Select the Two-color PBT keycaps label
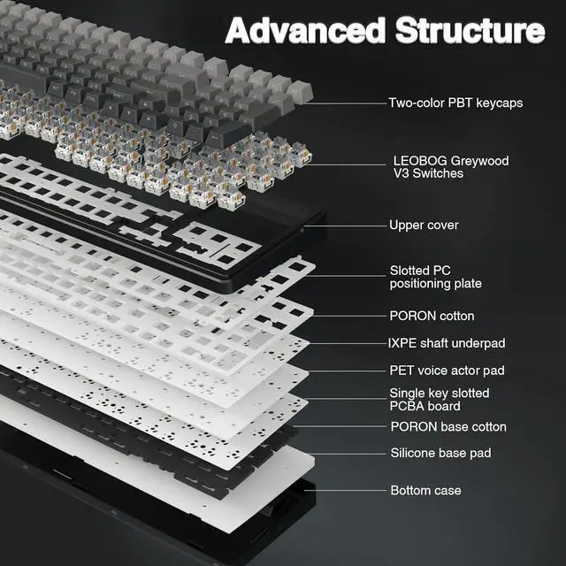click(455, 103)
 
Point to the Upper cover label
click(424, 226)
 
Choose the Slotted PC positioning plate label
click(436, 277)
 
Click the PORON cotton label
click(432, 316)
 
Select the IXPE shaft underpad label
click(447, 343)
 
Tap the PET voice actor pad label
click(447, 371)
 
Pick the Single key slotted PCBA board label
click(440, 399)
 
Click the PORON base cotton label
click(448, 426)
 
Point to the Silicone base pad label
click(440, 453)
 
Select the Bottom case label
click(425, 490)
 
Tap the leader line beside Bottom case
click(345, 490)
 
